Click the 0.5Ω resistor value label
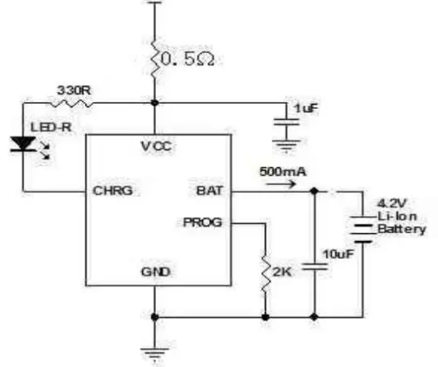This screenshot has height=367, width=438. [188, 59]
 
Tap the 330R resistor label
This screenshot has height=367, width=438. [75, 90]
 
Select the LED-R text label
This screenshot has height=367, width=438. [51, 127]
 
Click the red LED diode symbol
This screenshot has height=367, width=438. [23, 144]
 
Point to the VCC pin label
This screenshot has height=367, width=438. [157, 147]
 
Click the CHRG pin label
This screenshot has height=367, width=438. [113, 190]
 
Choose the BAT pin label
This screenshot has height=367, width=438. [209, 190]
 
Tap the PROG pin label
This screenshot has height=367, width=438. [202, 222]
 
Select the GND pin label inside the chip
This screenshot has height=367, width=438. [156, 272]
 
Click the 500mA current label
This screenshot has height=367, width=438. [283, 171]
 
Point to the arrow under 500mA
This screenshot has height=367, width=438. [280, 183]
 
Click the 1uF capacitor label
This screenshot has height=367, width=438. [306, 108]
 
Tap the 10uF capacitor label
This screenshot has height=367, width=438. [339, 254]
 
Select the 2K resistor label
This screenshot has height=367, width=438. [282, 272]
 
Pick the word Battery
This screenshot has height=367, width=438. [402, 229]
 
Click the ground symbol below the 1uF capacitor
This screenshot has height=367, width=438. [286, 145]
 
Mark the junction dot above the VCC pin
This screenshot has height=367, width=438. [154, 103]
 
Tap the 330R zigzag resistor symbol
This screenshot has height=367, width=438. [71, 103]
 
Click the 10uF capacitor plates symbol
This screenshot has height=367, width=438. [315, 267]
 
